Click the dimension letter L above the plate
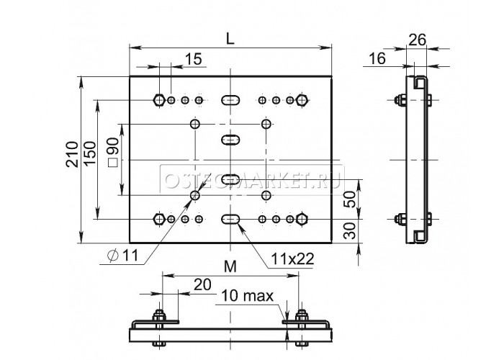230,39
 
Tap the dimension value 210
72,154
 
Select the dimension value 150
90,153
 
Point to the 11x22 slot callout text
292,258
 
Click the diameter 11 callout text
123,256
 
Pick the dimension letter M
230,266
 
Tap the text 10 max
248,296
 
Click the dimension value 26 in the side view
417,40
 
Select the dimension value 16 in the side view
377,58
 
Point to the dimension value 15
194,59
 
